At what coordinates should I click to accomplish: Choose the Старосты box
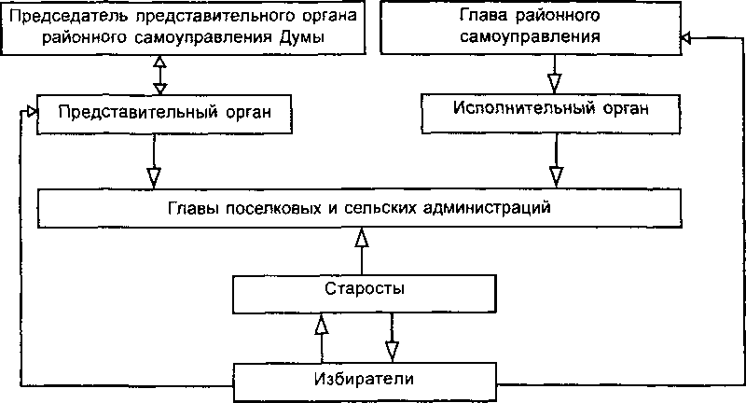pyautogui.click(x=365, y=289)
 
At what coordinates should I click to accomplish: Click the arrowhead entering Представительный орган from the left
pyautogui.click(x=31, y=112)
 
